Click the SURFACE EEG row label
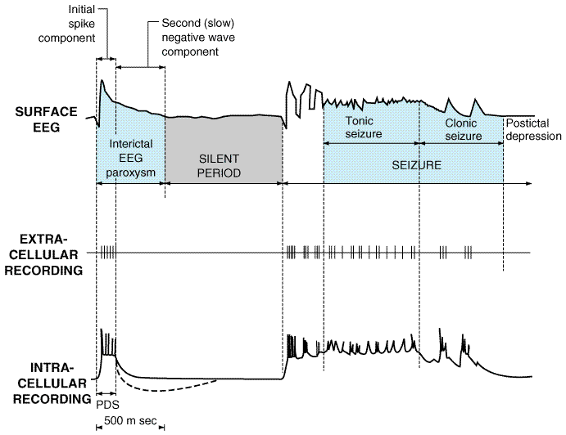click(46, 119)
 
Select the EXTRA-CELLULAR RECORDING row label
click(43, 255)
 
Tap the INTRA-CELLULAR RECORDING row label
click(52, 383)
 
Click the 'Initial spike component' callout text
click(67, 24)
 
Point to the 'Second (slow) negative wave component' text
click(198, 37)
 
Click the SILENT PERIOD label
click(219, 166)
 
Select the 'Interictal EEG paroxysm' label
click(131, 158)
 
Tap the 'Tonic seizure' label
click(364, 128)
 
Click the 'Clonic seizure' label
click(463, 129)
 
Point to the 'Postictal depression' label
click(533, 130)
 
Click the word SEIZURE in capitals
click(417, 165)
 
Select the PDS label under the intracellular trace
click(107, 405)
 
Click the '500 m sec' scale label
click(130, 420)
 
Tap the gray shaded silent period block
click(224, 149)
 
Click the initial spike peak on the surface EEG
click(102, 80)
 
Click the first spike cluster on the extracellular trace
click(107, 253)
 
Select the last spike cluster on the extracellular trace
click(468, 253)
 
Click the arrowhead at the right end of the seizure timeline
click(529, 184)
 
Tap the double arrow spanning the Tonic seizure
click(371, 143)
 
